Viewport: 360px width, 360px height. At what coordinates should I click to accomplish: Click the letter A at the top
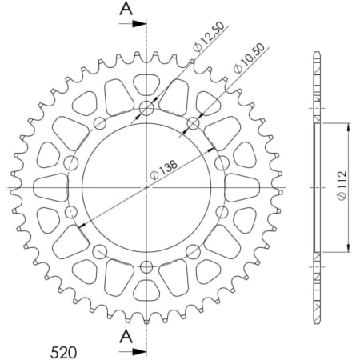pyautogui.click(x=126, y=9)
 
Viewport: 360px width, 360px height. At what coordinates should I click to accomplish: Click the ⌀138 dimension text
pyautogui.click(x=166, y=170)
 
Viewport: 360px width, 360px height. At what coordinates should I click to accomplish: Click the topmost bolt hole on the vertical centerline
pyautogui.click(x=146, y=109)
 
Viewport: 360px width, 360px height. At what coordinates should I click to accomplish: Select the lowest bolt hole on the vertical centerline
pyautogui.click(x=146, y=266)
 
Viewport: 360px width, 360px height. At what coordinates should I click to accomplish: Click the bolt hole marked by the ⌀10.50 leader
pyautogui.click(x=192, y=123)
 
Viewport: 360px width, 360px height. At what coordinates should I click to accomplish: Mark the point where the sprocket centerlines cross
pyautogui.click(x=146, y=187)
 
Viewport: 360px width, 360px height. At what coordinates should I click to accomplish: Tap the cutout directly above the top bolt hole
pyautogui.click(x=146, y=82)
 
